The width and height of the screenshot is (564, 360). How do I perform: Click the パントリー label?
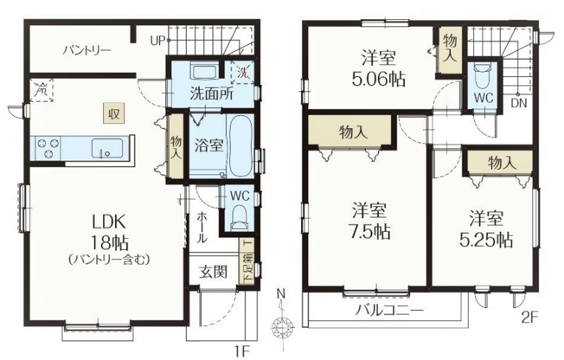coord(86,50)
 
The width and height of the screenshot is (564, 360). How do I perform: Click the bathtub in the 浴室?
coord(240,146)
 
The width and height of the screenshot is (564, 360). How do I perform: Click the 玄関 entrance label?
coord(214,271)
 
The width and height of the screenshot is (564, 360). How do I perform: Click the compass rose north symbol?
coord(280,325)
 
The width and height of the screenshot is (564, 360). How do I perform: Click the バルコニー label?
coord(387,310)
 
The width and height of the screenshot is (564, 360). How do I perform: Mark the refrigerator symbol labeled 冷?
coord(41,87)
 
